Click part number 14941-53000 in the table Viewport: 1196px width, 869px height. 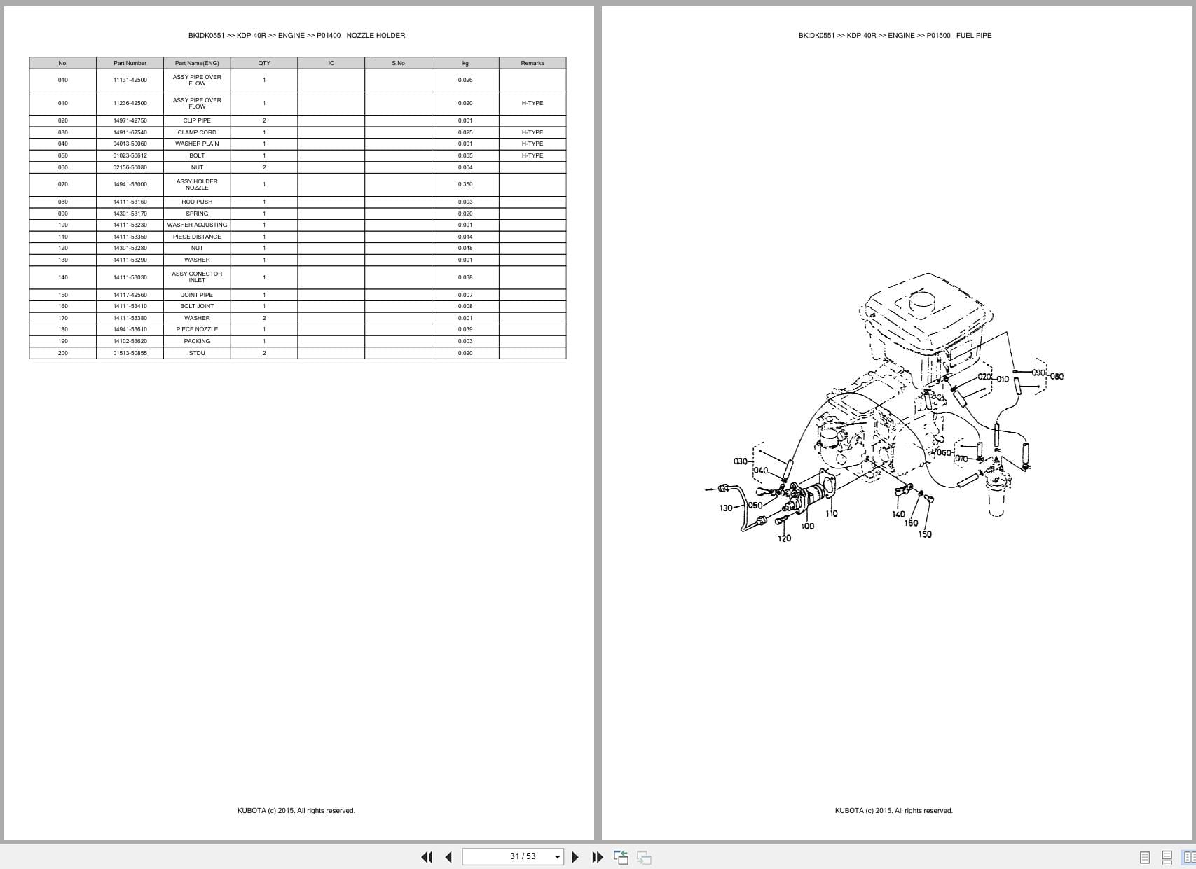(x=130, y=184)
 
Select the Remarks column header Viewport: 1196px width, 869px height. (x=532, y=63)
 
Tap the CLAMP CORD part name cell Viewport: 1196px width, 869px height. (x=197, y=132)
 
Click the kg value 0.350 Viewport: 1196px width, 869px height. (x=465, y=184)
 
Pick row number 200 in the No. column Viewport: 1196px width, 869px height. (x=63, y=353)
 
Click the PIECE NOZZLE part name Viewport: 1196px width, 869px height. (x=197, y=329)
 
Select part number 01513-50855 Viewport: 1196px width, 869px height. (x=130, y=353)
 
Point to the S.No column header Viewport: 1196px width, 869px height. (x=398, y=63)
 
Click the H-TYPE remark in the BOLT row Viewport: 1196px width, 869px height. (x=532, y=155)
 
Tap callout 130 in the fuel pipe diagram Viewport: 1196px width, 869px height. (x=726, y=508)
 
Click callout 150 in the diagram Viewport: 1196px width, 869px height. (x=925, y=534)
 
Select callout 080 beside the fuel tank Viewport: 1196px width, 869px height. (x=1057, y=376)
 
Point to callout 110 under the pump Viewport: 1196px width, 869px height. (x=832, y=513)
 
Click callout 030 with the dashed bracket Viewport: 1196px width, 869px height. (x=740, y=461)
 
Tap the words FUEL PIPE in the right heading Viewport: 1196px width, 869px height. (x=973, y=35)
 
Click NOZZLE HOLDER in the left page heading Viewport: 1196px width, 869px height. (x=376, y=35)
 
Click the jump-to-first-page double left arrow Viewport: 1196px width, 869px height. (x=426, y=857)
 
